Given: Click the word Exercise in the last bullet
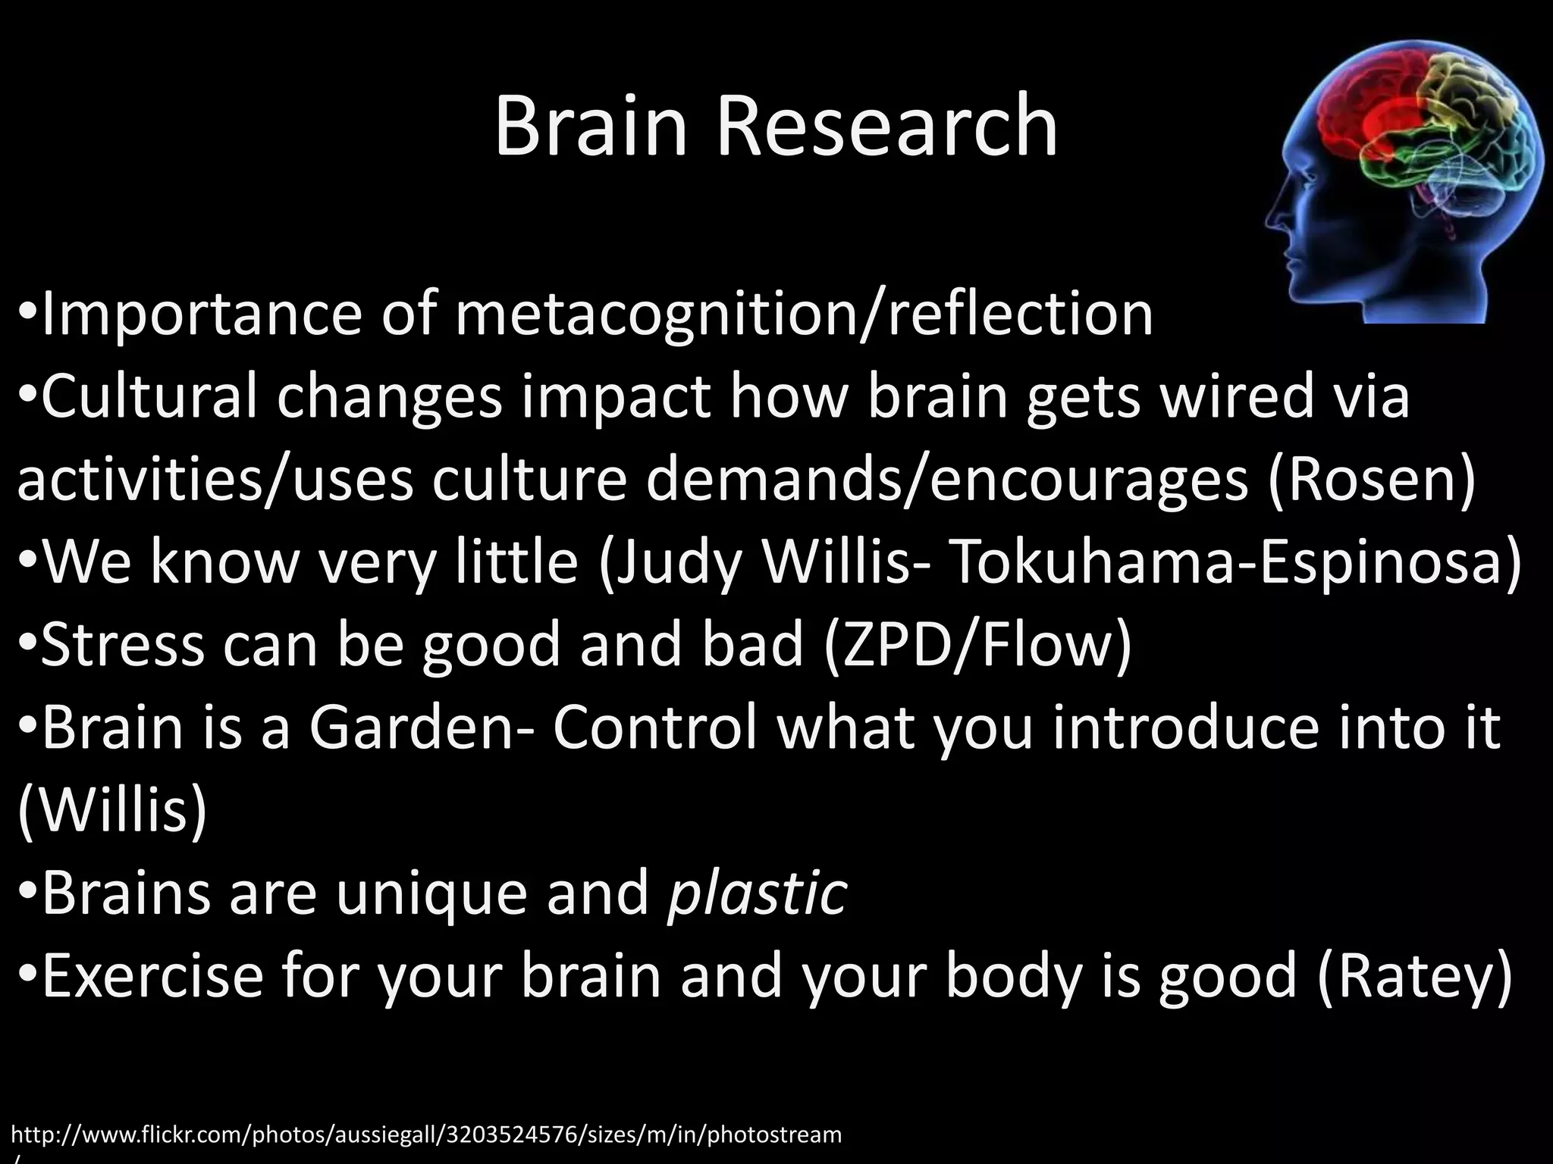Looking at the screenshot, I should click(x=152, y=976).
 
